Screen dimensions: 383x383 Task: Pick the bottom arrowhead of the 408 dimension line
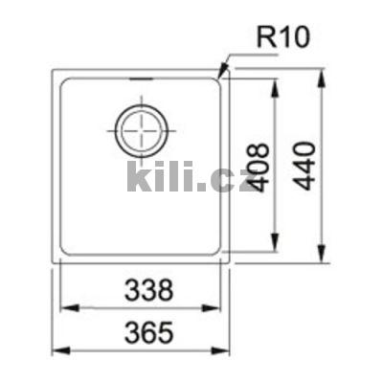click(278, 251)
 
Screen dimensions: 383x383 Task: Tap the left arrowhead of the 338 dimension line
click(64, 307)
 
